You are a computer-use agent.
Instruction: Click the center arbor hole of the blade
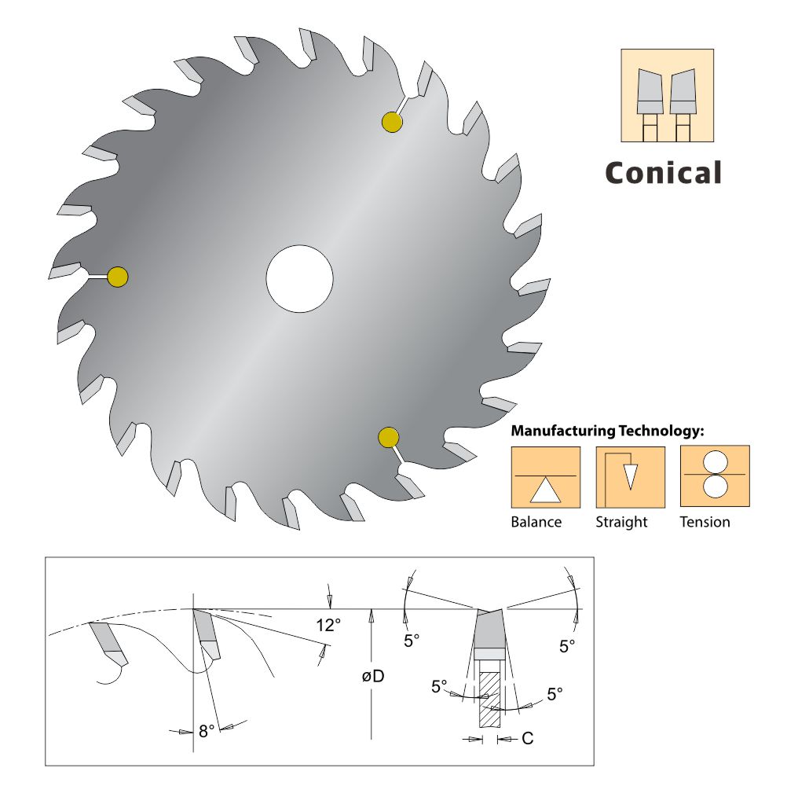(300, 279)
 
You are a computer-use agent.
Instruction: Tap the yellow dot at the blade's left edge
(118, 277)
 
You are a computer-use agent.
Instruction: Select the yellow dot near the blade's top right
(392, 122)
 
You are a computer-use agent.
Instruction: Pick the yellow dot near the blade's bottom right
(389, 438)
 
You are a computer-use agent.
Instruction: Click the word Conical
(664, 173)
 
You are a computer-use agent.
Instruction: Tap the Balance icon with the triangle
(546, 477)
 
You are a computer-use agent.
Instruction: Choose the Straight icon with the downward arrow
(631, 477)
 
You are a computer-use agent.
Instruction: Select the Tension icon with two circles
(715, 476)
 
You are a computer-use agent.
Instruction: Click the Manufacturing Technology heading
(607, 431)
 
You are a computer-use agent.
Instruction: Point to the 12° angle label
(328, 626)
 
